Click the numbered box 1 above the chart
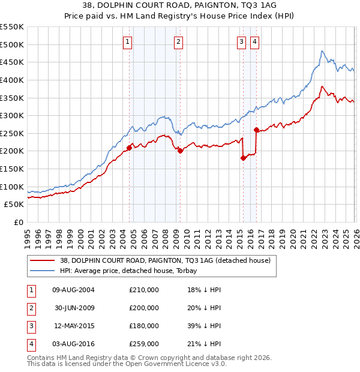[x=128, y=41]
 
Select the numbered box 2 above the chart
[x=179, y=41]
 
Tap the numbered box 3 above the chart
[x=241, y=41]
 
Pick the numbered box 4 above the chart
[x=255, y=41]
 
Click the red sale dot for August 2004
[x=129, y=148]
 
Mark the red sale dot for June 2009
[x=181, y=151]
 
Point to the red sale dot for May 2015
[x=243, y=158]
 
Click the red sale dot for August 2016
[x=256, y=130]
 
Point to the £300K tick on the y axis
[x=12, y=115]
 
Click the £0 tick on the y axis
[x=18, y=222]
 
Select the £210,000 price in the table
[x=144, y=290]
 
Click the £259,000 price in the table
[x=144, y=344]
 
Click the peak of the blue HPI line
[x=322, y=51]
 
